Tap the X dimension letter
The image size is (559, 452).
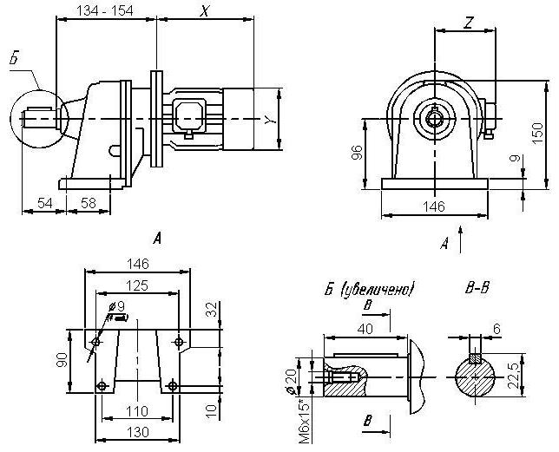pyautogui.click(x=205, y=12)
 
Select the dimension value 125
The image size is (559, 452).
pyautogui.click(x=135, y=285)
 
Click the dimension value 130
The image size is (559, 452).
pyautogui.click(x=137, y=431)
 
